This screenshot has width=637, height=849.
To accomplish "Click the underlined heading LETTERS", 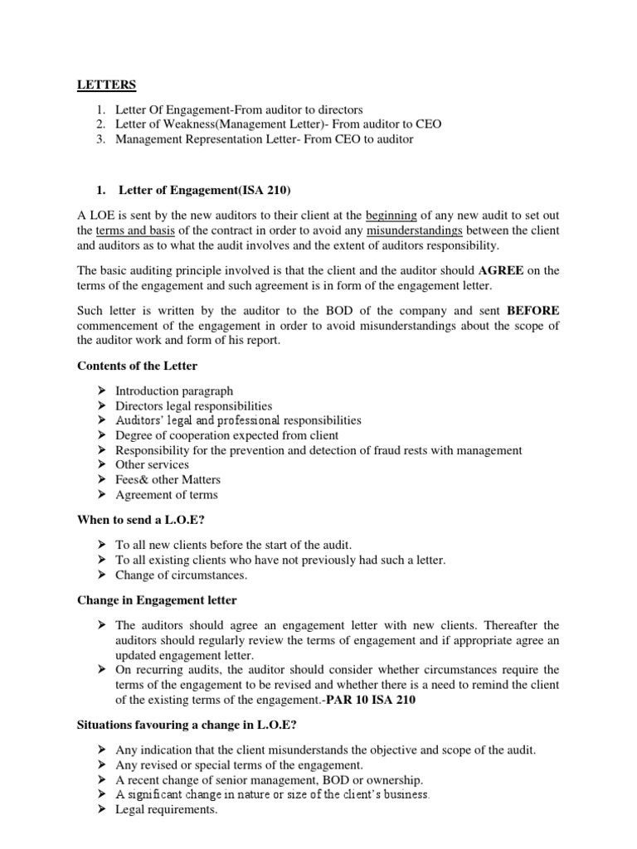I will pyautogui.click(x=107, y=85).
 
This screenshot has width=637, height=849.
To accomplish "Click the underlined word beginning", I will pyautogui.click(x=391, y=215).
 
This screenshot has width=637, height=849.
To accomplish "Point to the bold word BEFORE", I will pyautogui.click(x=532, y=310).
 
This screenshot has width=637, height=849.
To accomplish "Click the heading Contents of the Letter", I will pyautogui.click(x=137, y=366).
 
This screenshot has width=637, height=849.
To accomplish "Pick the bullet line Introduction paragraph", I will pyautogui.click(x=174, y=391).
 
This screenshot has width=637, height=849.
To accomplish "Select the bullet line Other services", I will pyautogui.click(x=152, y=465).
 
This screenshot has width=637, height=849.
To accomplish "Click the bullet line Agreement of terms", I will pyautogui.click(x=167, y=495).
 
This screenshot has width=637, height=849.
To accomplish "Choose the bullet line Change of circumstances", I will pyautogui.click(x=182, y=575).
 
